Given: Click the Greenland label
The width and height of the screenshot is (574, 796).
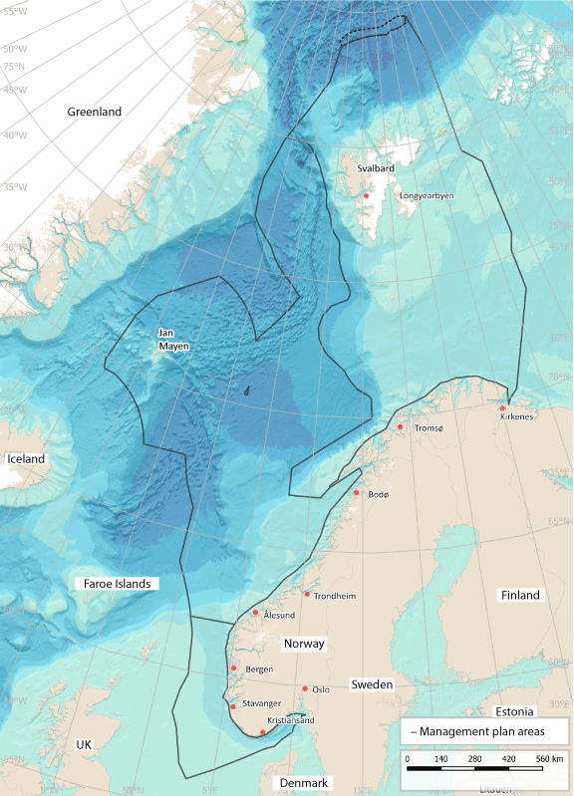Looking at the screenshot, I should coord(94,113).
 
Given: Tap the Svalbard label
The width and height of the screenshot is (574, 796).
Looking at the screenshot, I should coord(376,168).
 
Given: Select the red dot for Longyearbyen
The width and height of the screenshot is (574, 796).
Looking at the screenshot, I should coord(367,196).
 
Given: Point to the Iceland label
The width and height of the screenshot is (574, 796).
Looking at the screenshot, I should coord(26,458).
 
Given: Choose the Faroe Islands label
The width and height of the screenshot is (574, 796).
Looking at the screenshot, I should coord(117,583).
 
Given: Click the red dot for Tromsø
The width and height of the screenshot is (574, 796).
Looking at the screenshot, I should coord(401,427).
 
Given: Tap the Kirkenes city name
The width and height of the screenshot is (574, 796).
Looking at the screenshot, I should coord(517,416).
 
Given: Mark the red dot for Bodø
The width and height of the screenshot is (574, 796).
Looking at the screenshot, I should coord(357,492).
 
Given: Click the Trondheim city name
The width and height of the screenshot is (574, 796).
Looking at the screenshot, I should coord(335,596).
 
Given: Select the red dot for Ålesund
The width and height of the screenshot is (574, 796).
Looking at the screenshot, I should coord(256,613).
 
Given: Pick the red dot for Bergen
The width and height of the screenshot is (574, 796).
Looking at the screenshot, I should coord(233,668).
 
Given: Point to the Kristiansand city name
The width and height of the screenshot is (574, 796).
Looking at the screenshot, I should coord(291,720).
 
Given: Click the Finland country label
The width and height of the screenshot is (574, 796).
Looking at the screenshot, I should coord(519,595).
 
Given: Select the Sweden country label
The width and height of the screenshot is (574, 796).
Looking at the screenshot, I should coord(371,685).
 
